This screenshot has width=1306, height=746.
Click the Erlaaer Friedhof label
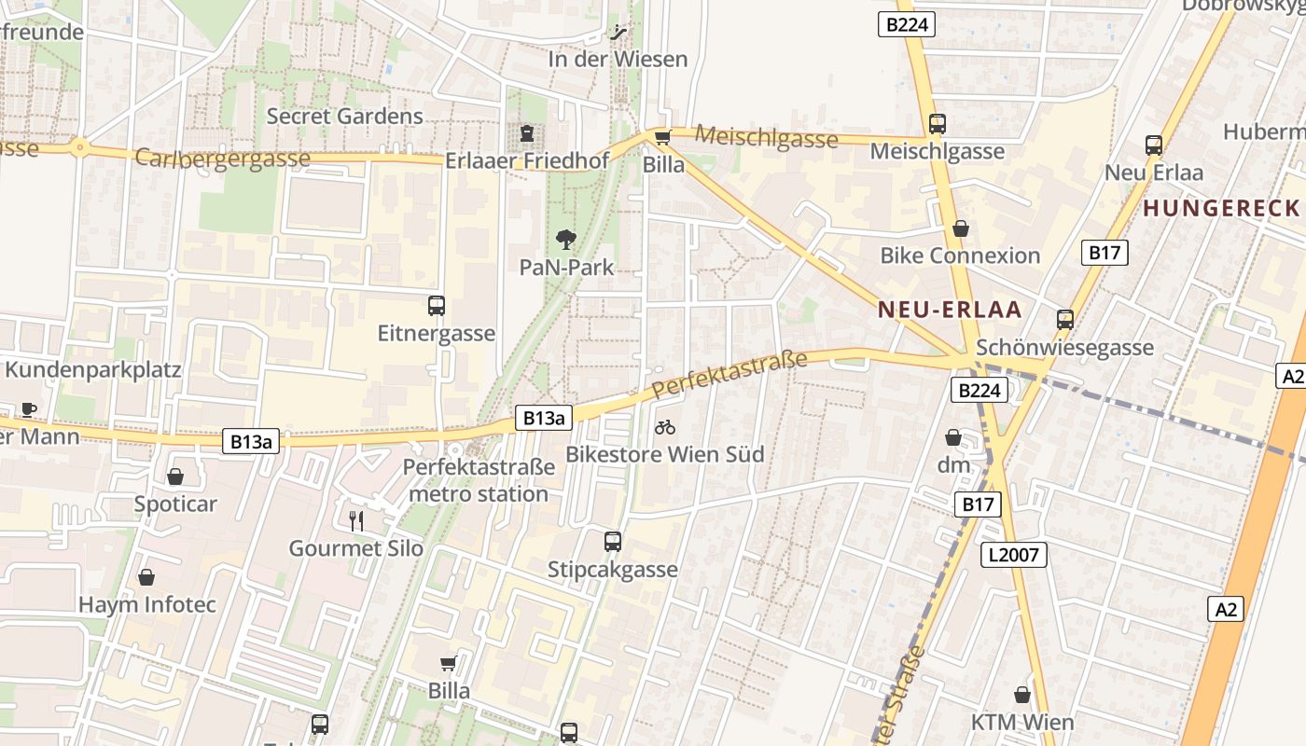[527, 160]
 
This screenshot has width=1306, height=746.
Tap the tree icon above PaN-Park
[565, 240]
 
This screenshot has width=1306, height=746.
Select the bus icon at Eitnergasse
[437, 305]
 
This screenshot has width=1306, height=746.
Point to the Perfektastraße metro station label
[479, 480]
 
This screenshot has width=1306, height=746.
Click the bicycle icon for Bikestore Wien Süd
[665, 427]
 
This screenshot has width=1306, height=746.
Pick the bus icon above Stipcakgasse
[613, 541]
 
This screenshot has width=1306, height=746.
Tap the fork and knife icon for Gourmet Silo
[355, 520]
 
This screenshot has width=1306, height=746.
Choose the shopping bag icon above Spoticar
[175, 477]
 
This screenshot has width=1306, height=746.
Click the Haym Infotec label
[147, 604]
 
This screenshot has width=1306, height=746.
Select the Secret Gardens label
[345, 117]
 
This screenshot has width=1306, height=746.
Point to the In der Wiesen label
[618, 59]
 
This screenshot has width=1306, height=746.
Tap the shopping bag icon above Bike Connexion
[960, 228]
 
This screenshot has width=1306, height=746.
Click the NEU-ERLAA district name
[950, 311]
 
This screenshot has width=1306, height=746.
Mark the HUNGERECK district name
[1222, 208]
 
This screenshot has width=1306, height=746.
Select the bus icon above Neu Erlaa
[1154, 145]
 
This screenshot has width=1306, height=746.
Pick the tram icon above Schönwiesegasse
[1065, 320]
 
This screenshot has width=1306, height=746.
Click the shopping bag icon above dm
[953, 436]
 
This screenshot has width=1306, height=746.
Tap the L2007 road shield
[1015, 556]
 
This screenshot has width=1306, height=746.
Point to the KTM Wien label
[1022, 722]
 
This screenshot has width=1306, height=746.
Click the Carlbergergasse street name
[222, 158]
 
